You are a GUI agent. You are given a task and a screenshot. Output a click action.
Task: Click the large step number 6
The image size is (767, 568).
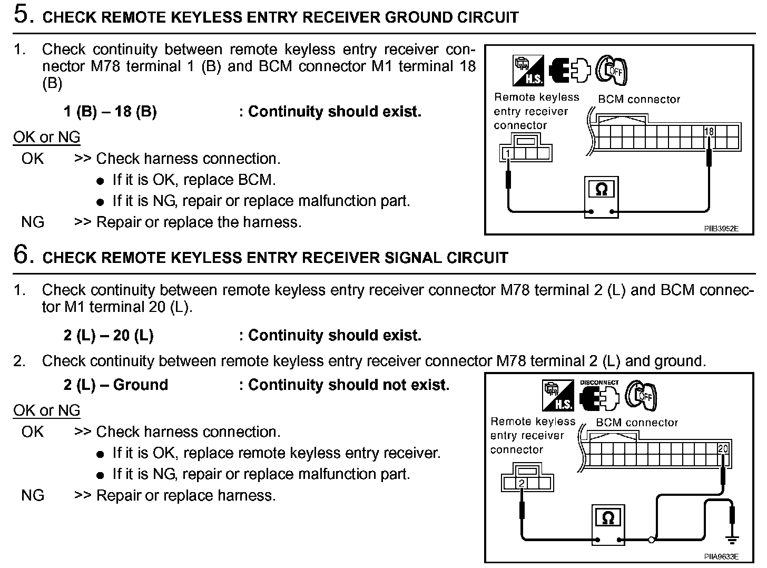[x=23, y=254]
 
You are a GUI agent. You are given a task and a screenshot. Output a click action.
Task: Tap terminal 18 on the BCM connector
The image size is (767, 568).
[x=709, y=131]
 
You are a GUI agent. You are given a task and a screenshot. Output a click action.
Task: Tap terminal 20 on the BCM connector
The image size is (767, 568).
[x=723, y=449]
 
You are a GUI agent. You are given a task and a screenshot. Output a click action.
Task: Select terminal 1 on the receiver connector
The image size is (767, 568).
[x=507, y=153]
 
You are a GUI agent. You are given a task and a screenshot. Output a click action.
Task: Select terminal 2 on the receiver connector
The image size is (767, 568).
[x=521, y=483]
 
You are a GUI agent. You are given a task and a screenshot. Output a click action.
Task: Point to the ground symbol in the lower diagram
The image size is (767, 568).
[x=731, y=539]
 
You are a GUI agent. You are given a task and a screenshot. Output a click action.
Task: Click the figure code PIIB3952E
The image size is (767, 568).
[x=721, y=229]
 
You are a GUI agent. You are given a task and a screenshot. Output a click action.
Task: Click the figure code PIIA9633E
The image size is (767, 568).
[x=721, y=556]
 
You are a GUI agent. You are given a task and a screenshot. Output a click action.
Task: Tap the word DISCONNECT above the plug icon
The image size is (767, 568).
[x=599, y=383]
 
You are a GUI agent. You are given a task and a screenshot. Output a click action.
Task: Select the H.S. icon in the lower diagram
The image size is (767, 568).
[x=558, y=395]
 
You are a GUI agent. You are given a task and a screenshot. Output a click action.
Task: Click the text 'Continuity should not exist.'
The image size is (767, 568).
[x=349, y=385]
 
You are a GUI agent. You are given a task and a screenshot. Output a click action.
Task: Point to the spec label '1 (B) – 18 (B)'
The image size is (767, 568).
[x=110, y=112]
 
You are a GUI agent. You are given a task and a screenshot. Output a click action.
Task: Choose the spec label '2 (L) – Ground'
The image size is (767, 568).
[x=115, y=385]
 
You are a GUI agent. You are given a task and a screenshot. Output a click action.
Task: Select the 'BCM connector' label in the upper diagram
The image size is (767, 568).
[x=639, y=99]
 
